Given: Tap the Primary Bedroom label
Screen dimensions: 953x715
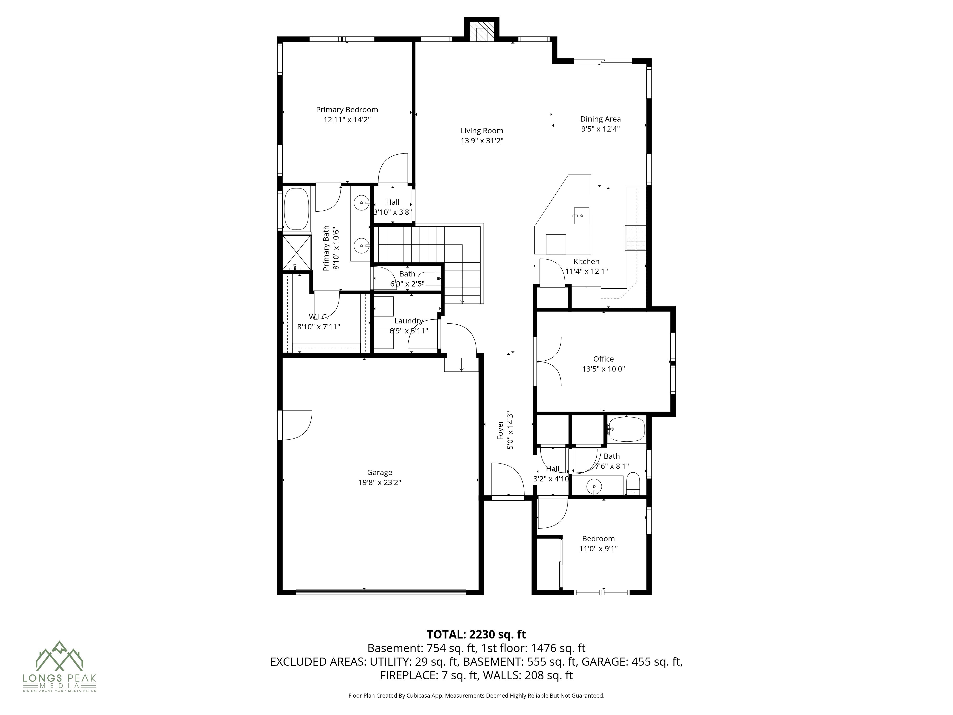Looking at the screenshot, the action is (x=347, y=110).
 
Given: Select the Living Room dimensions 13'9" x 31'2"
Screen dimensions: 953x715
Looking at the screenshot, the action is (x=482, y=141).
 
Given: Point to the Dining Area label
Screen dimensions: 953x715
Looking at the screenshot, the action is (x=600, y=119).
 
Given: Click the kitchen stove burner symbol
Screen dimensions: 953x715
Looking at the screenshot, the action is (x=636, y=238).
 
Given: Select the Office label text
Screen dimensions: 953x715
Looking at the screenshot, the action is (x=603, y=359).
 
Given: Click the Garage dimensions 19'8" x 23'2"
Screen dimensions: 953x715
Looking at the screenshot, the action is (x=380, y=482).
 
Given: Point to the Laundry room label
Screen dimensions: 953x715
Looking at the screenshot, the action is (x=408, y=321).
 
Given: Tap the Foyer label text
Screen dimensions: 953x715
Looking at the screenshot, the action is (x=500, y=430).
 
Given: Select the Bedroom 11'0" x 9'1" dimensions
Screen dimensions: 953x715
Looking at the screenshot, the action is (x=598, y=549).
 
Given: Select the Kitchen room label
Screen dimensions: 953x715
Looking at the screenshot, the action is (x=586, y=262).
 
